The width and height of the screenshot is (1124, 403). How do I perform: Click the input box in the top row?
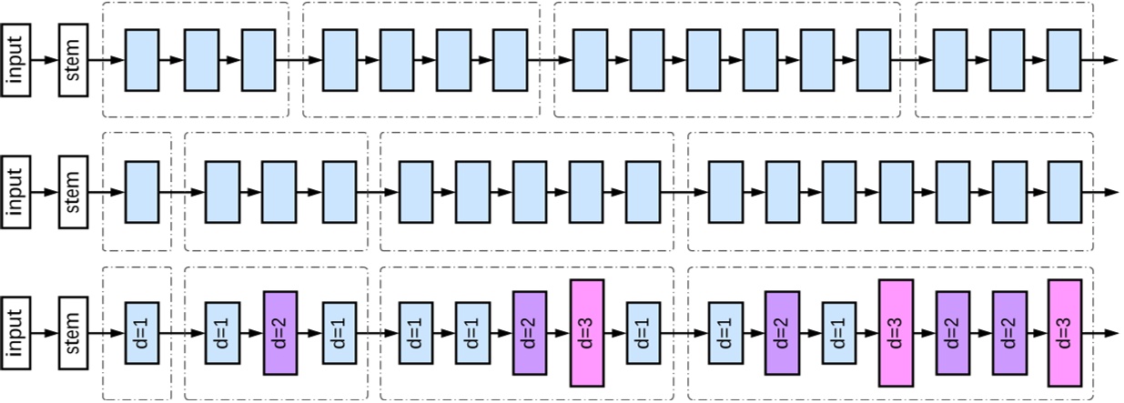pyautogui.click(x=16, y=60)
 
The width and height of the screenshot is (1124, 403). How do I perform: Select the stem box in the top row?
pyautogui.click(x=74, y=60)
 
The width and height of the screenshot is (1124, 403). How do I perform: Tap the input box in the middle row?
pyautogui.click(x=16, y=192)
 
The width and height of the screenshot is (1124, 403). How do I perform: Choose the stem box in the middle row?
pyautogui.click(x=74, y=192)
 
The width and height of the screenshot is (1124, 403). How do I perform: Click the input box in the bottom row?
pyautogui.click(x=16, y=333)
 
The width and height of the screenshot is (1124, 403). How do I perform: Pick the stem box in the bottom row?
pyautogui.click(x=74, y=333)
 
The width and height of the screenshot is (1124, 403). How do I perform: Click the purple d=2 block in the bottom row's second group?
pyautogui.click(x=281, y=333)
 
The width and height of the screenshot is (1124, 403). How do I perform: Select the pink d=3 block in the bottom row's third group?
pyautogui.click(x=587, y=333)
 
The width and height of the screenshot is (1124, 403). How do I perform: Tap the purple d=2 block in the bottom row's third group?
pyautogui.click(x=530, y=333)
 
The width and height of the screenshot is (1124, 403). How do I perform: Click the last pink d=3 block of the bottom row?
pyautogui.click(x=1064, y=333)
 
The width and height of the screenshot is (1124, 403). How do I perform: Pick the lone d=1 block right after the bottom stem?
pyautogui.click(x=142, y=333)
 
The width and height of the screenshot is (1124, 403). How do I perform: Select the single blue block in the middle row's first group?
pyautogui.click(x=142, y=192)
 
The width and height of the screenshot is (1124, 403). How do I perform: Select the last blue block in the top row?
pyautogui.click(x=1064, y=60)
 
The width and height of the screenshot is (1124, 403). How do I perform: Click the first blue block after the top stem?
pyautogui.click(x=142, y=60)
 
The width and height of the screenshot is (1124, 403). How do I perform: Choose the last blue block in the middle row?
pyautogui.click(x=1064, y=192)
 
